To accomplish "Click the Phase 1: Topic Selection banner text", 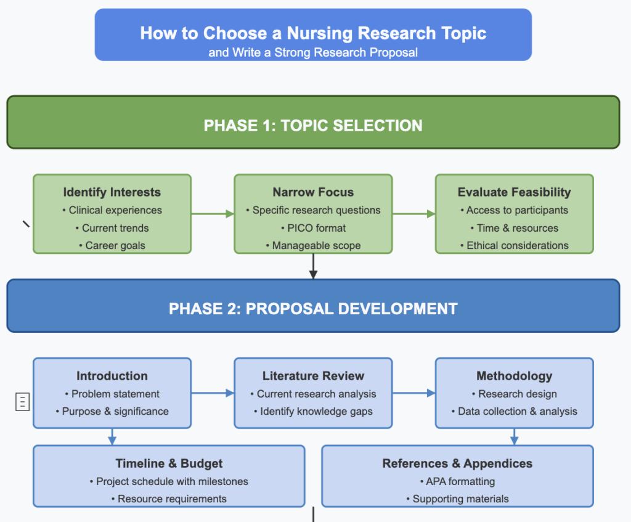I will click(x=313, y=126).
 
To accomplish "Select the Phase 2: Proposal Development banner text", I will click(x=313, y=308).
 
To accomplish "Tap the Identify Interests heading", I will click(x=112, y=192).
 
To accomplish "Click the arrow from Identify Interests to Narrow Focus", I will click(x=213, y=214).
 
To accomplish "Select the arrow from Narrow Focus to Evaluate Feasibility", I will click(x=414, y=214).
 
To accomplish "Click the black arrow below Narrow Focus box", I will click(x=313, y=266).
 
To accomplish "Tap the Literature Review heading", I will click(x=313, y=376).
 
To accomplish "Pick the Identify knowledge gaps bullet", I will click(x=313, y=411).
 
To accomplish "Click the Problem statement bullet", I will click(x=112, y=394).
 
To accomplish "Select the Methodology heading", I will click(x=515, y=376).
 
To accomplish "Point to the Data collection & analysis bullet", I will click(x=515, y=411).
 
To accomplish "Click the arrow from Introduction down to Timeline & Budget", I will click(x=112, y=436).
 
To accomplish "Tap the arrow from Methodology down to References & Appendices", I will click(x=515, y=436).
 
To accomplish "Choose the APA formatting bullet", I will click(x=457, y=481).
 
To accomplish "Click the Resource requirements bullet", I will click(x=169, y=499).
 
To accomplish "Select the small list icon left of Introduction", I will click(x=22, y=402).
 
